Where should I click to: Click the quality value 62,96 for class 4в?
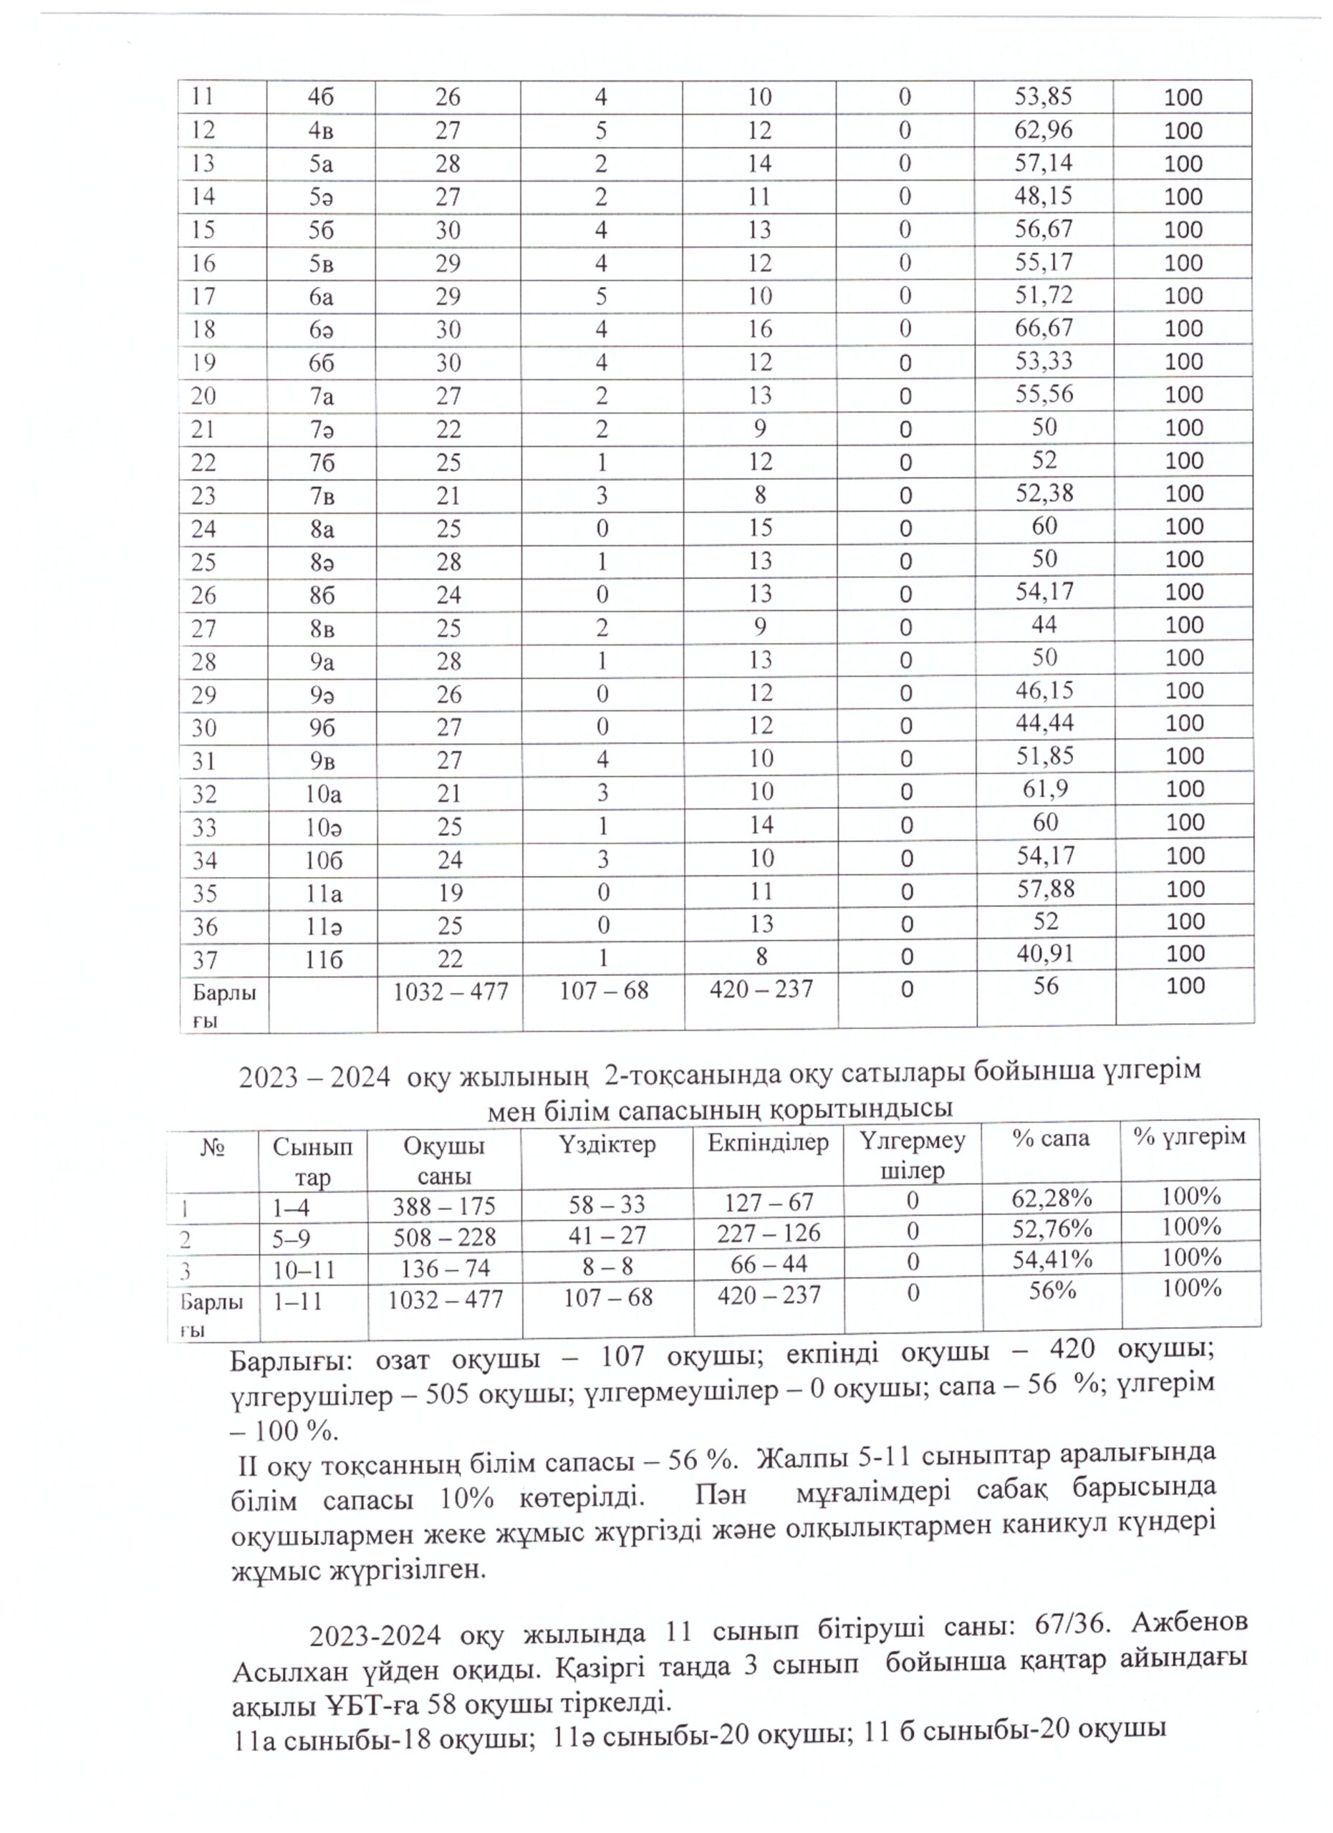[1044, 130]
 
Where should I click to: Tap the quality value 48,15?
[1044, 195]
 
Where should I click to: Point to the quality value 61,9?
[1044, 789]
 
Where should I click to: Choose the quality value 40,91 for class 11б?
[1044, 954]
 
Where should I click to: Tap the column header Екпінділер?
[768, 1143]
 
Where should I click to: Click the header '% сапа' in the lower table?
[1051, 1138]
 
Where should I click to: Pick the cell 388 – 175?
[444, 1206]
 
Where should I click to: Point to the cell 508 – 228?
[444, 1237]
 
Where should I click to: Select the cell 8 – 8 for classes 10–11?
[606, 1267]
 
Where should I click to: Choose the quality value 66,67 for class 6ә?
[1044, 327]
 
